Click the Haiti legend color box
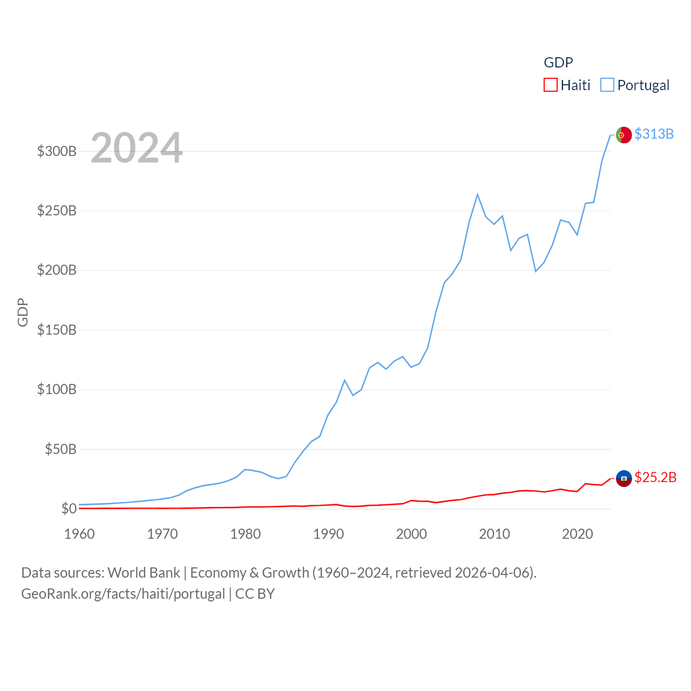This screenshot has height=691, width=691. pos(550,85)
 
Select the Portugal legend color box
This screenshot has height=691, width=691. pos(607,85)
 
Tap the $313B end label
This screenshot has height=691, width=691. pos(654,134)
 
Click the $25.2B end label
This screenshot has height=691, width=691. pos(655,477)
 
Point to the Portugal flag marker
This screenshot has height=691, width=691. pos(624,135)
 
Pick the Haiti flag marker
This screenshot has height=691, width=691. pos(624,478)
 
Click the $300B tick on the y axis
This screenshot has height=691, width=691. pos(57,151)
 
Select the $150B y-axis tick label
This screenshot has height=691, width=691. pos(57,330)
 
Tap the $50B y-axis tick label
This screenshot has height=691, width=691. pos(60,449)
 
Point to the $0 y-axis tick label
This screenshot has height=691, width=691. pos(69,509)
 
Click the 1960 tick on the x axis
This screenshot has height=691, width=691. pos(79,534)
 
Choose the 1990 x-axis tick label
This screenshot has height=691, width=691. pos(328,534)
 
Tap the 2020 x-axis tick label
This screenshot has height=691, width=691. pos(577,534)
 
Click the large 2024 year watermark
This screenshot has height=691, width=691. pos(137,148)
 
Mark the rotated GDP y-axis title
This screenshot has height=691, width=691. pos(23,312)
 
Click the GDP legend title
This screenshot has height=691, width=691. pos(558,63)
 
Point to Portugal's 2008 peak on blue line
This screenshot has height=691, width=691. pos(477,194)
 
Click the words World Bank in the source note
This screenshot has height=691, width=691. pos(144,572)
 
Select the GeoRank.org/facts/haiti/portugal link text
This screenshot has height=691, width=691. pos(123,594)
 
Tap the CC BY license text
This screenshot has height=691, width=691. pos(255,594)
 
